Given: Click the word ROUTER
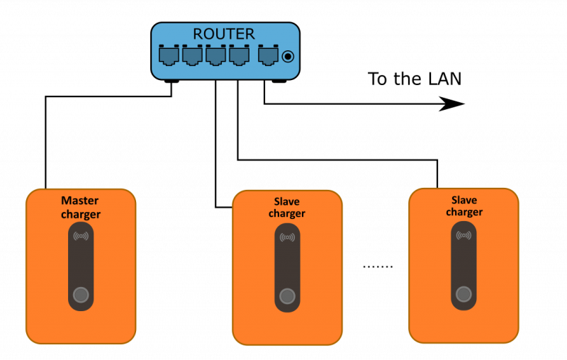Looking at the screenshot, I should point(224,34).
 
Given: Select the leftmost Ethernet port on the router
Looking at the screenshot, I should point(169,55).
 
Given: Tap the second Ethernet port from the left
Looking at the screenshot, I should point(192,55).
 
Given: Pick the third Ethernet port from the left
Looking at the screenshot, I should point(215,55).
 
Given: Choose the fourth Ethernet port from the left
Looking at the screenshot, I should point(239,55).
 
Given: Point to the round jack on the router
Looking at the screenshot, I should point(288,56).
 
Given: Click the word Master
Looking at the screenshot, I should point(80,201).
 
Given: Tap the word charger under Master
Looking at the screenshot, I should point(80,214).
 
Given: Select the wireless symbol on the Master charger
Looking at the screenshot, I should point(81,236).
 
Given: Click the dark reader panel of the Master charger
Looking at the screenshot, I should point(81,266).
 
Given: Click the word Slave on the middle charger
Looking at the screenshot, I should point(287,201).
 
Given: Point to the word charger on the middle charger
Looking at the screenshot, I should point(287,213).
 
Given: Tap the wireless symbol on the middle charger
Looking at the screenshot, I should point(287,237).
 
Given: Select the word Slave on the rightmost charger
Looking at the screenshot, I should point(464,200).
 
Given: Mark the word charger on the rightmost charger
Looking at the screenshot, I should point(464,212).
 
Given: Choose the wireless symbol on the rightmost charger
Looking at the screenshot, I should point(464,235).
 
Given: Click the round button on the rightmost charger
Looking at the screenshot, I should point(464,293).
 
